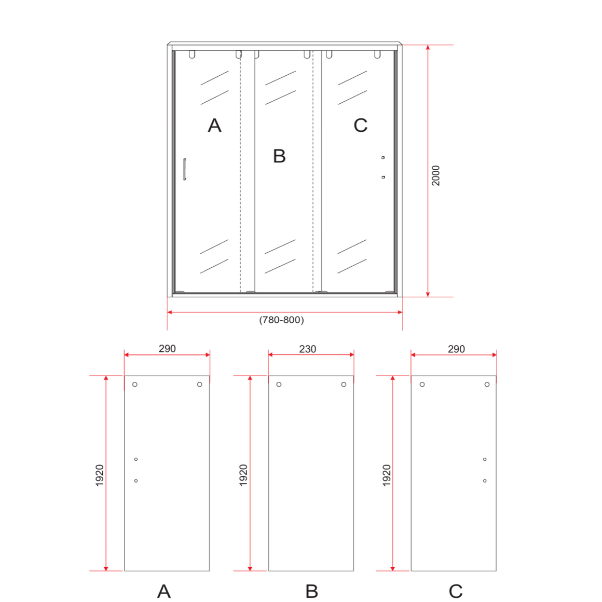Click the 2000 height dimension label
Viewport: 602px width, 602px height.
[436, 175]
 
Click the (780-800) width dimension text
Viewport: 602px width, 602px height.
[281, 320]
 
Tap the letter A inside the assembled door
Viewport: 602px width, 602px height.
[215, 126]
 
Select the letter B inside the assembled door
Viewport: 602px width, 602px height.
[279, 156]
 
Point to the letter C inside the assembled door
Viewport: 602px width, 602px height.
[361, 126]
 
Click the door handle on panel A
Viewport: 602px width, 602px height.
[185, 169]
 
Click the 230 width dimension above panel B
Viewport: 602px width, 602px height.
[308, 349]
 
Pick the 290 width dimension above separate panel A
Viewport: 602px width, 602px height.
[167, 349]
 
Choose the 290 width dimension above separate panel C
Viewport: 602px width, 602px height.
[456, 349]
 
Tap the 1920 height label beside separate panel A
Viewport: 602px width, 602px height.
[100, 476]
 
